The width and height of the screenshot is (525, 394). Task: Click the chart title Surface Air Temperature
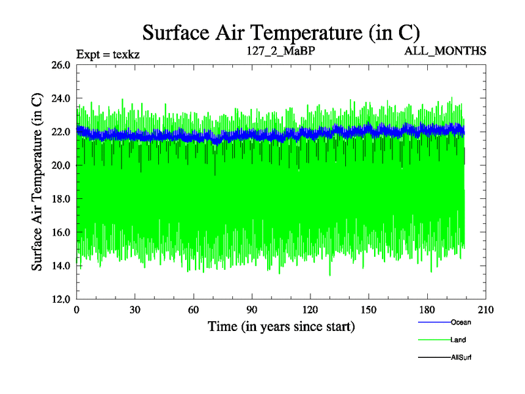coord(282,32)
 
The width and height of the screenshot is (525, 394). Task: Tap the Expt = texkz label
coord(108,54)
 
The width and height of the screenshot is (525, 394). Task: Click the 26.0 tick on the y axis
coord(60,65)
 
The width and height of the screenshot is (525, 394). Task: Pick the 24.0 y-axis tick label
coord(60,98)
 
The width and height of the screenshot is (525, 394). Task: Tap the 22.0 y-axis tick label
coord(60,132)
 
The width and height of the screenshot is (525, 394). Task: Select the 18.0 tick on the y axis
coord(60,199)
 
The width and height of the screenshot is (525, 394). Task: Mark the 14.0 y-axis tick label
coord(60,265)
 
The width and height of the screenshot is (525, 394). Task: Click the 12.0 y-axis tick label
coord(60,299)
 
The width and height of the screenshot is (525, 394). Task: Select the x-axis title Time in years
coord(282,326)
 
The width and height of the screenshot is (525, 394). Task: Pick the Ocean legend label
coord(461,322)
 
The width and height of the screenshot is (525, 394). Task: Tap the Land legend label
coord(459,339)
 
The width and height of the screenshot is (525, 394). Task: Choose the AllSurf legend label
coord(461,357)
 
